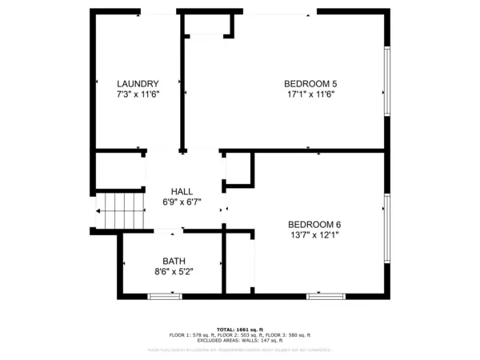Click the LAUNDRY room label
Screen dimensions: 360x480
(138, 83)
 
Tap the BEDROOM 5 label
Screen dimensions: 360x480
(310, 83)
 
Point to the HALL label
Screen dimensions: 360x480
(182, 192)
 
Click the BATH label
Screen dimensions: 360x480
(174, 261)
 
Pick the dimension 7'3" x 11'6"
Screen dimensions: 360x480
(138, 94)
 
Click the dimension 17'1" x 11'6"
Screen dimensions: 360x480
(310, 94)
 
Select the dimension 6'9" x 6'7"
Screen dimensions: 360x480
(182, 202)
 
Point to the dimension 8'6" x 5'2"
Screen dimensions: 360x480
(174, 271)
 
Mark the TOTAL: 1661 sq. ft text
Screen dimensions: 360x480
(240, 329)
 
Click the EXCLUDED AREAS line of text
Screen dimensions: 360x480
(240, 340)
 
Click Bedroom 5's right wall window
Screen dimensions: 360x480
(387, 80)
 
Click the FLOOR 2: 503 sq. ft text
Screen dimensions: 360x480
(240, 334)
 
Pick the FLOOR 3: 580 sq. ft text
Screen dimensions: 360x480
(288, 334)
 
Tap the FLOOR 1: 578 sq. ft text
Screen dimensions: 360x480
(192, 334)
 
